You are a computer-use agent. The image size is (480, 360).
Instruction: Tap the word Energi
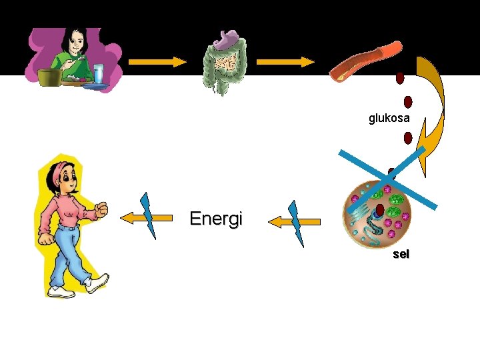[x=216, y=219]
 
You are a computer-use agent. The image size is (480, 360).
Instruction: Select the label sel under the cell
[x=401, y=254]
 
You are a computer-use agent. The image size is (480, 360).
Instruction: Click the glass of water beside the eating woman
[x=99, y=73]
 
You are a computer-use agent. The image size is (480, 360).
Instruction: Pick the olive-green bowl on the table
[x=49, y=77]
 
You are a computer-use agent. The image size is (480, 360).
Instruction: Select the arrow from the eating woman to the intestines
[x=157, y=62]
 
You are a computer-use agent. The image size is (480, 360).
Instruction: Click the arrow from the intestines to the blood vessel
[x=285, y=62]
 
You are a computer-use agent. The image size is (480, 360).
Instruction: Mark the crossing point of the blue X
[x=388, y=178]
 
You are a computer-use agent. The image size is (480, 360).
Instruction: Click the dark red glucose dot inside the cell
[x=380, y=211]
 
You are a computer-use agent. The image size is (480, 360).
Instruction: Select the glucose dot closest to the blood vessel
[x=400, y=79]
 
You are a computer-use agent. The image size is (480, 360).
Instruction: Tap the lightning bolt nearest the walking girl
[x=149, y=215]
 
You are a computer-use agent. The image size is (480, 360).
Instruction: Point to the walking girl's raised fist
[x=101, y=210]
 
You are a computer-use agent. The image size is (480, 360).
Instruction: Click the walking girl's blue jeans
[x=70, y=253]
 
